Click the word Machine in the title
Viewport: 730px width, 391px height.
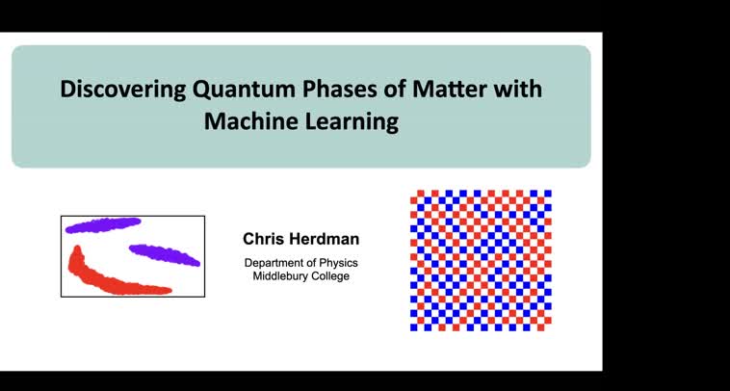tap(244, 122)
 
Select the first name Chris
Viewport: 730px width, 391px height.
tap(264, 239)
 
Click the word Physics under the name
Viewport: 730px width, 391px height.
tap(331, 263)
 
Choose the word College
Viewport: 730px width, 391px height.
tap(327, 276)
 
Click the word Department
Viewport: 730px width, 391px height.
tap(274, 263)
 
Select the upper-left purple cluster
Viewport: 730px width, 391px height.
tap(103, 225)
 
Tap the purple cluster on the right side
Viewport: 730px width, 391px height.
tap(165, 255)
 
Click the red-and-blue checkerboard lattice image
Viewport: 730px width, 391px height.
tap(481, 260)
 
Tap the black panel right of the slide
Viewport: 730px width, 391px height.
tap(665, 193)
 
